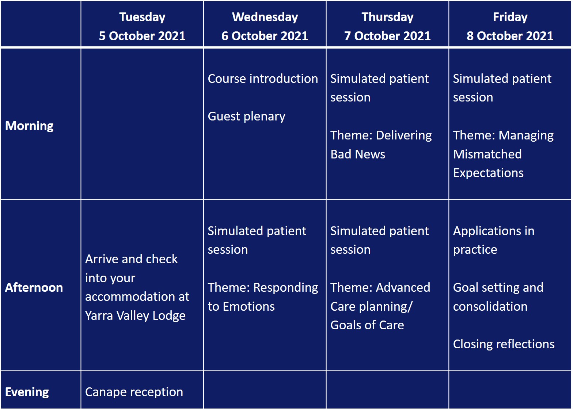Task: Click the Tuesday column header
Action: click(x=142, y=17)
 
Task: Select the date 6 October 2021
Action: click(x=265, y=36)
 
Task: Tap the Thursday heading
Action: click(x=387, y=17)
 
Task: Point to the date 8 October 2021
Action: click(x=510, y=36)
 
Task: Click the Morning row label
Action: click(x=29, y=126)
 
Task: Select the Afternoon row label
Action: click(x=34, y=288)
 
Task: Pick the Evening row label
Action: click(x=27, y=392)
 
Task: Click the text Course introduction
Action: click(x=263, y=78)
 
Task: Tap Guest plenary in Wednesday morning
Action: click(x=247, y=116)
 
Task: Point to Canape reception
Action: click(x=134, y=392)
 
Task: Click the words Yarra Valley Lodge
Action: click(x=135, y=316)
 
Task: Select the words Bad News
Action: click(x=358, y=154)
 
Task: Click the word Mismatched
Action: click(x=487, y=154)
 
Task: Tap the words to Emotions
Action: click(x=241, y=306)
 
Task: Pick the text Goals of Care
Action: click(x=367, y=325)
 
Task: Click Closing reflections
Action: click(x=504, y=344)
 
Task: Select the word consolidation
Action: click(x=490, y=306)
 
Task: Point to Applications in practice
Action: click(x=494, y=240)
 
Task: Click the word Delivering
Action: click(x=404, y=135)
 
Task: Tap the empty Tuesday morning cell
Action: click(x=142, y=124)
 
